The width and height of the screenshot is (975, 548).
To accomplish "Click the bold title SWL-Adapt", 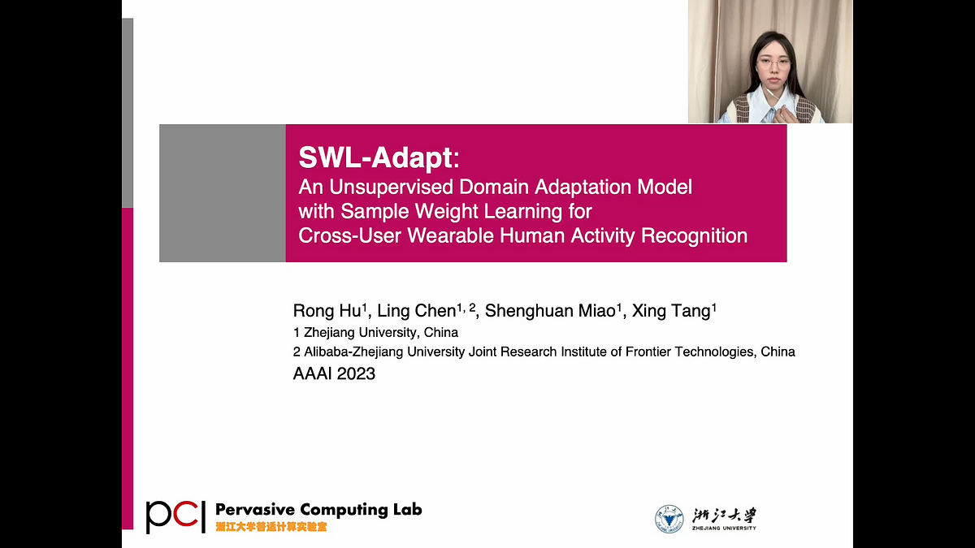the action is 375,157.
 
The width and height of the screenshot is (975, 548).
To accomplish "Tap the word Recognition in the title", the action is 694,235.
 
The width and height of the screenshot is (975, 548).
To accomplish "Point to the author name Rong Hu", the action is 327,310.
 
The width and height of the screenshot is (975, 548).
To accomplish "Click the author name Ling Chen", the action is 416,310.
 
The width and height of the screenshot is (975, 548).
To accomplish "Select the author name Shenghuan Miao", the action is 550,310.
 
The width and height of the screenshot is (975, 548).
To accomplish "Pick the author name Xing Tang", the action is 671,310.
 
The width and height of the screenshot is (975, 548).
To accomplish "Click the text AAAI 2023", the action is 334,373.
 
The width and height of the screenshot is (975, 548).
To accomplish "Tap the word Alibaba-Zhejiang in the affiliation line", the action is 353,352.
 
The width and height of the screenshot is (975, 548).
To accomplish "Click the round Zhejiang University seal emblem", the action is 669,519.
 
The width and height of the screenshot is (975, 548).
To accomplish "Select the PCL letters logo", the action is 175,516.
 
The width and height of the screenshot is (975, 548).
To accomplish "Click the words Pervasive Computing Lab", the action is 318,510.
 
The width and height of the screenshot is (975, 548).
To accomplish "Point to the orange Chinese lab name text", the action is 271,527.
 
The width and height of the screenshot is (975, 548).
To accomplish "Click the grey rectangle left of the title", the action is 223,193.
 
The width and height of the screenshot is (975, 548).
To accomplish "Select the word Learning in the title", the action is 522,212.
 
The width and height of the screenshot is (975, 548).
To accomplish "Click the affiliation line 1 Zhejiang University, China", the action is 375,333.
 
